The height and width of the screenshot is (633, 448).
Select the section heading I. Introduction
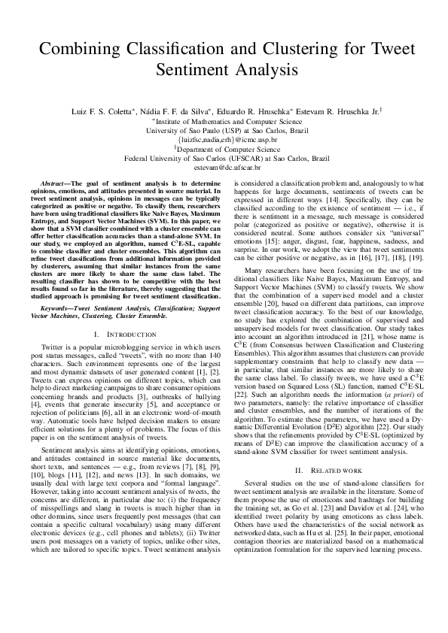tap(125, 334)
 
